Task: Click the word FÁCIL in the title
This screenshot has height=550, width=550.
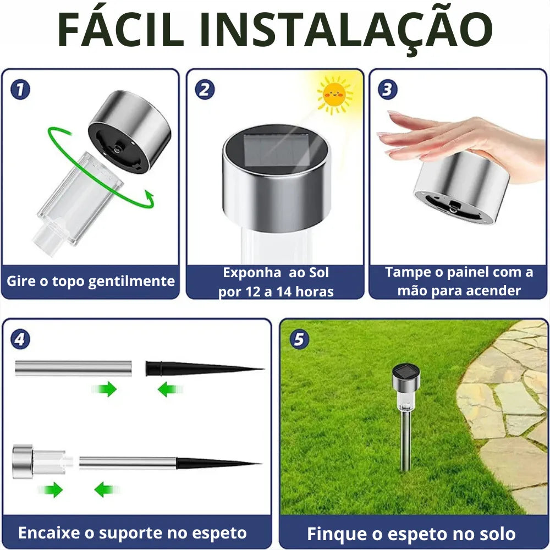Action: click(x=120, y=29)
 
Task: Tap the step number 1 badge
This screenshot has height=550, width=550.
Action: click(x=20, y=90)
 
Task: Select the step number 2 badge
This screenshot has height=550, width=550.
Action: click(x=205, y=90)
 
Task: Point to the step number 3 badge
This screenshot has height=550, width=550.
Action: click(x=388, y=90)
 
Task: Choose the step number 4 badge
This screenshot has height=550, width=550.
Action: click(x=20, y=339)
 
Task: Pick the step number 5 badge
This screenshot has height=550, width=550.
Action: click(x=299, y=339)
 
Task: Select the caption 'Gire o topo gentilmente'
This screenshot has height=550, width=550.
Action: click(x=91, y=282)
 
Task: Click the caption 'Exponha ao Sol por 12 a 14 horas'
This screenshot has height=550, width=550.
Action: click(x=276, y=282)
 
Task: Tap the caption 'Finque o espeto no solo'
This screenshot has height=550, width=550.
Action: click(x=411, y=533)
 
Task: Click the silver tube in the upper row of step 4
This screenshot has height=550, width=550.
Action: click(x=73, y=368)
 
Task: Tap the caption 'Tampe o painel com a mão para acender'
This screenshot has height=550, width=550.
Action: click(x=459, y=282)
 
